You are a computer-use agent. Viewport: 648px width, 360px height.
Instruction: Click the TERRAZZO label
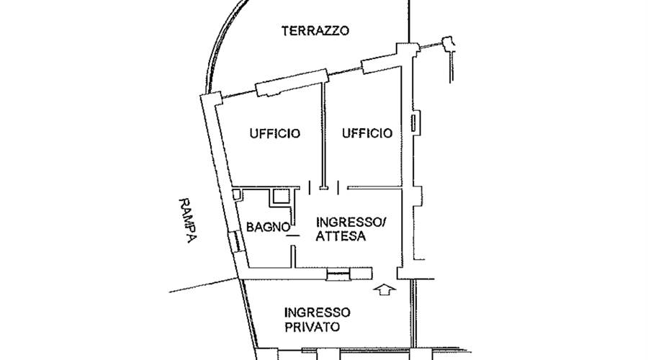pyautogui.click(x=315, y=31)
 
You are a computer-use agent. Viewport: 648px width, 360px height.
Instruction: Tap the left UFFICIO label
pyautogui.click(x=274, y=133)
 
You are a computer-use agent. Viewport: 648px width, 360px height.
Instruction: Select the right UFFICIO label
pyautogui.click(x=367, y=133)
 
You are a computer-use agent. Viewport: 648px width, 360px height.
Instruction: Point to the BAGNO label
pyautogui.click(x=268, y=227)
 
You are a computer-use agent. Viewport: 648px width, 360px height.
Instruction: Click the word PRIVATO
pyautogui.click(x=312, y=327)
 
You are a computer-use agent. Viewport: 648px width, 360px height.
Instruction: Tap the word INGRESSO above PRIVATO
pyautogui.click(x=318, y=312)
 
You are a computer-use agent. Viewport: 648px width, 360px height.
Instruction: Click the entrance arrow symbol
pyautogui.click(x=387, y=289)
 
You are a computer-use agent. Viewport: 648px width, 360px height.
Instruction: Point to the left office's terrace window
pyautogui.click(x=291, y=81)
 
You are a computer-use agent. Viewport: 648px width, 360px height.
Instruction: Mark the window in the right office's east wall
pyautogui.click(x=414, y=122)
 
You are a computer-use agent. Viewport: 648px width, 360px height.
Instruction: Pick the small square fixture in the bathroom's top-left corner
pyautogui.click(x=238, y=194)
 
